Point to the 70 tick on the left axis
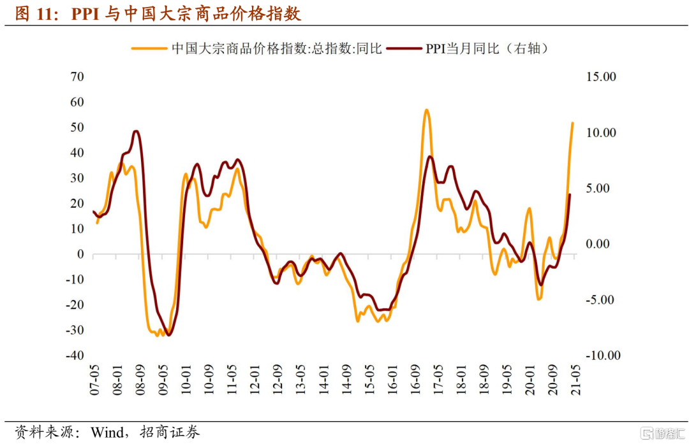78,76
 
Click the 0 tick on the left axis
80,254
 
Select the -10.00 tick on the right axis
602,355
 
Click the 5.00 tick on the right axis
602,188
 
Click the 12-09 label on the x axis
277,380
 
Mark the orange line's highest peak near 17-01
426,110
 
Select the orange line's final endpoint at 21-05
572,123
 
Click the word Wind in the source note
108,433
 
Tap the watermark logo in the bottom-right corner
663,433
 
